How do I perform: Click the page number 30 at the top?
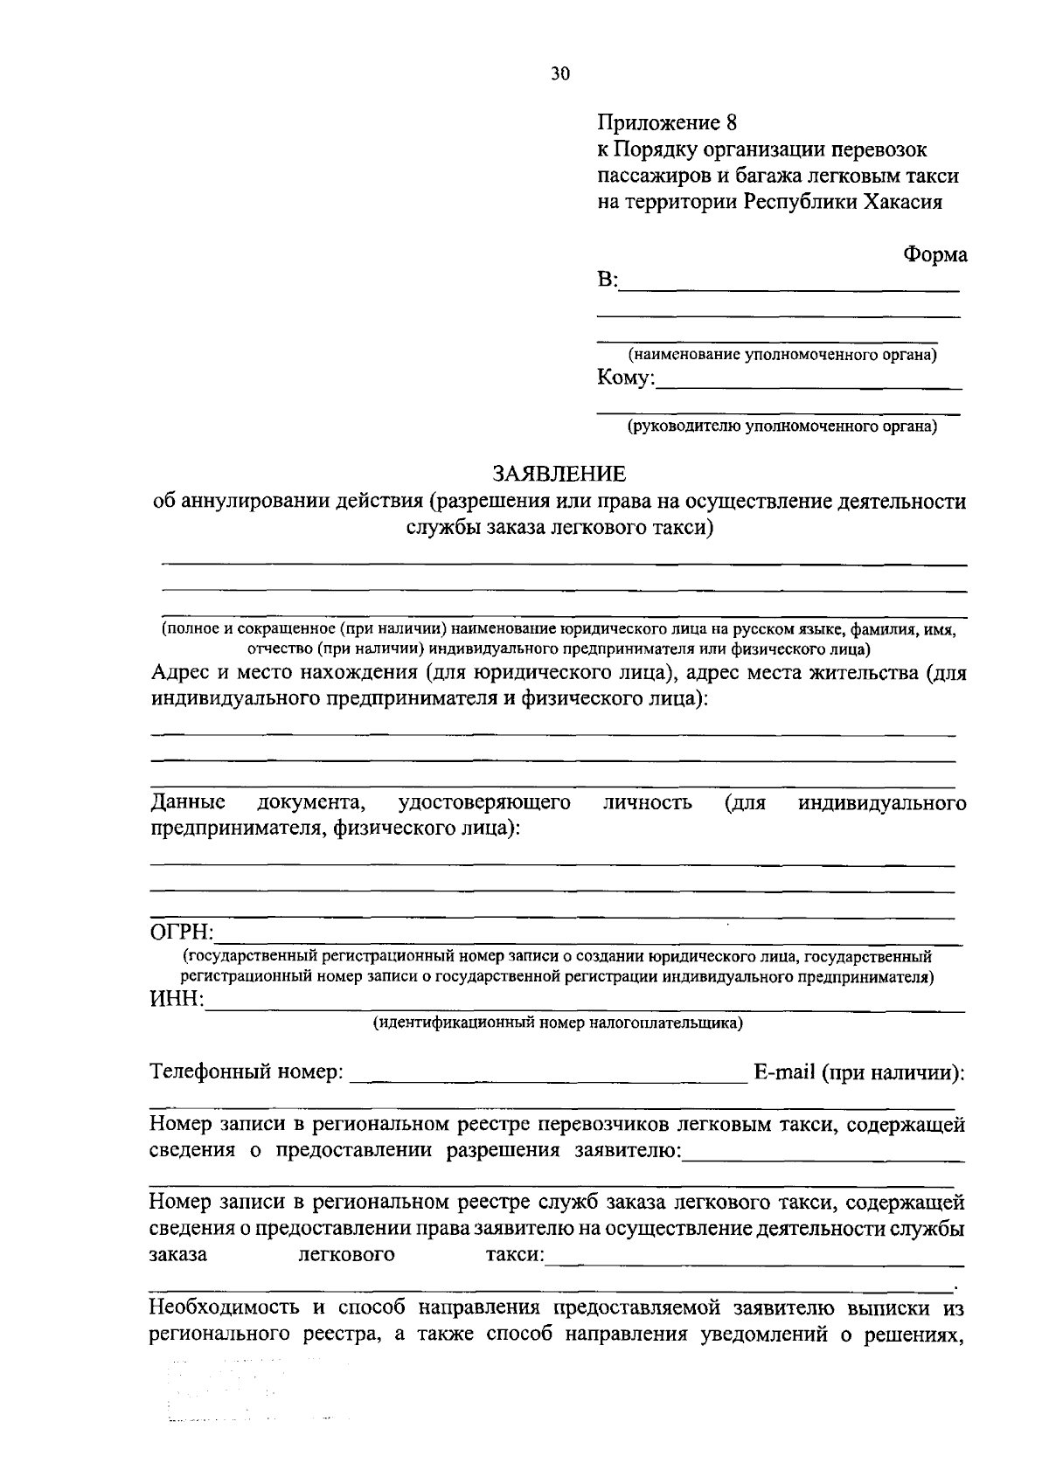tap(560, 74)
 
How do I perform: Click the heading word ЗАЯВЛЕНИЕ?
tap(559, 475)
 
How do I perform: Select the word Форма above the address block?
tap(934, 255)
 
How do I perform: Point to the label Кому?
tap(626, 378)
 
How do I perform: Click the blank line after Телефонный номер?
tap(548, 1080)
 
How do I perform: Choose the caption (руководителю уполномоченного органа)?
tap(781, 427)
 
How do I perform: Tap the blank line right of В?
tap(790, 288)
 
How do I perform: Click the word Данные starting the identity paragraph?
tap(188, 802)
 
